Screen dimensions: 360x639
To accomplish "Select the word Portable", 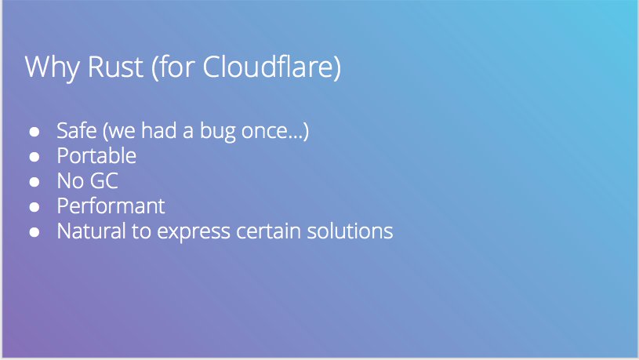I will point(96,156).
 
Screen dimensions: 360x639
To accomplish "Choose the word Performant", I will point(111,206).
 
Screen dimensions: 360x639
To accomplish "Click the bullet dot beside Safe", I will point(34,132).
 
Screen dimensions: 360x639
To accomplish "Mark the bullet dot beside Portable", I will point(34,157).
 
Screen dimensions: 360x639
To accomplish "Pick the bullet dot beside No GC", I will point(34,182).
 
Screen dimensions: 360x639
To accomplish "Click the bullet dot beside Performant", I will point(34,207).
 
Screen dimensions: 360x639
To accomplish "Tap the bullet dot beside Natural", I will point(34,232).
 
